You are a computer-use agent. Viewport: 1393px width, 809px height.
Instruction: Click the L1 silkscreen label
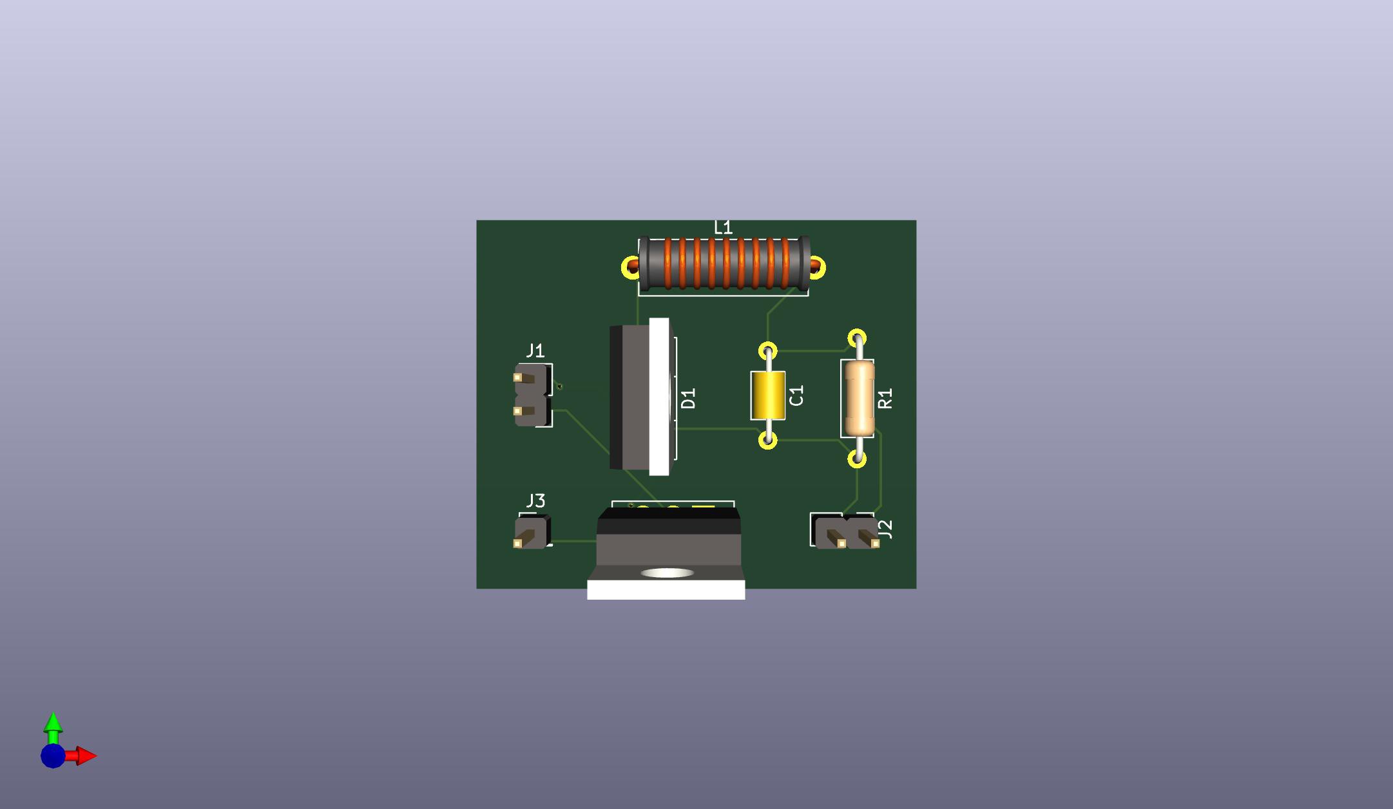tap(723, 227)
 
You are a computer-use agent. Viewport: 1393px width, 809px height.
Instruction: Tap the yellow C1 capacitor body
tap(767, 395)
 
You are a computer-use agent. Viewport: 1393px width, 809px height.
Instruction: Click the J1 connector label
tap(535, 350)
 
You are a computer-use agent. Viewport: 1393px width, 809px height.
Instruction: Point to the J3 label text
tap(535, 500)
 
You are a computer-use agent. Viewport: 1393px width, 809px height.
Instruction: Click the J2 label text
tap(885, 529)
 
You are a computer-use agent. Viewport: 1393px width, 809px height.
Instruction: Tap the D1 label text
tap(688, 398)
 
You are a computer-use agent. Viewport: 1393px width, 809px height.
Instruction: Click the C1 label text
tap(796, 395)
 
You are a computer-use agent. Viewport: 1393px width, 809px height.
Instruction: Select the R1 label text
tap(885, 398)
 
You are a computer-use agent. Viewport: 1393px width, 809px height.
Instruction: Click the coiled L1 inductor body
tap(724, 263)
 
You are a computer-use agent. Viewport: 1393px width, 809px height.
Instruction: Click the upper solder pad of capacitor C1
tap(767, 351)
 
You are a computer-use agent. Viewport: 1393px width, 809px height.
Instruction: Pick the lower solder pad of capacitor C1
tap(767, 441)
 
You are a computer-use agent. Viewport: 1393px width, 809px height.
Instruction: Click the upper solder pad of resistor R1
tap(857, 338)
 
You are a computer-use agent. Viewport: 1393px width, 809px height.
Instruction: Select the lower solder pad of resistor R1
tap(857, 459)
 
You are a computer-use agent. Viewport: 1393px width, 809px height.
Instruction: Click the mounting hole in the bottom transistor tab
tap(668, 573)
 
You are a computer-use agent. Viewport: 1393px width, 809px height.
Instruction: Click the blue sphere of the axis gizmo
tap(53, 756)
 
